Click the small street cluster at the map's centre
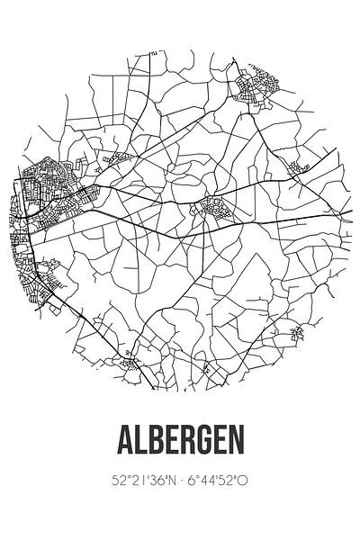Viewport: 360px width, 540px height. click(214, 208)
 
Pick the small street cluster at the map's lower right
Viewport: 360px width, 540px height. click(297, 336)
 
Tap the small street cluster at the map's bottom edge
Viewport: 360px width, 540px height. click(133, 364)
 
